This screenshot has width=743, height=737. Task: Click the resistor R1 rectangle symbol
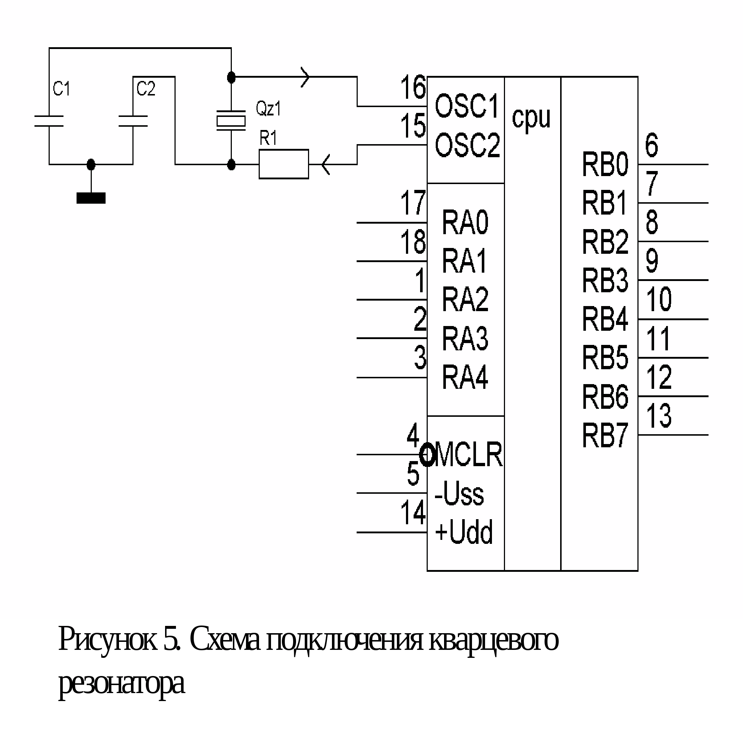point(283,164)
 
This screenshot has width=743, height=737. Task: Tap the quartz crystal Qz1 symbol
point(231,121)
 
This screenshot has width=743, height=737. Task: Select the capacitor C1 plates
point(49,121)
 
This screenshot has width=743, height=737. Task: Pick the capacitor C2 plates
point(133,121)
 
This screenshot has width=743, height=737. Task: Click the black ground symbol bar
point(91,198)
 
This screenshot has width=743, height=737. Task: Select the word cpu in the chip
point(531,118)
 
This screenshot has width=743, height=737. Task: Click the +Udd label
point(464,532)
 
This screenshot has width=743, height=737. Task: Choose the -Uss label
point(459,494)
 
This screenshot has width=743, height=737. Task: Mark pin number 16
point(413,87)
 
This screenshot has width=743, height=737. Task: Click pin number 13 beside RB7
point(659,416)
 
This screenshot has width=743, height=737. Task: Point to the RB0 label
point(605,164)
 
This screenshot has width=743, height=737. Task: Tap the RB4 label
point(605,319)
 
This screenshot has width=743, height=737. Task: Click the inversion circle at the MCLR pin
point(427,455)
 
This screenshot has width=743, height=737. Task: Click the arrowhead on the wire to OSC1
point(305,77)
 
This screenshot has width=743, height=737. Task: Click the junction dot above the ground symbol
point(91,164)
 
